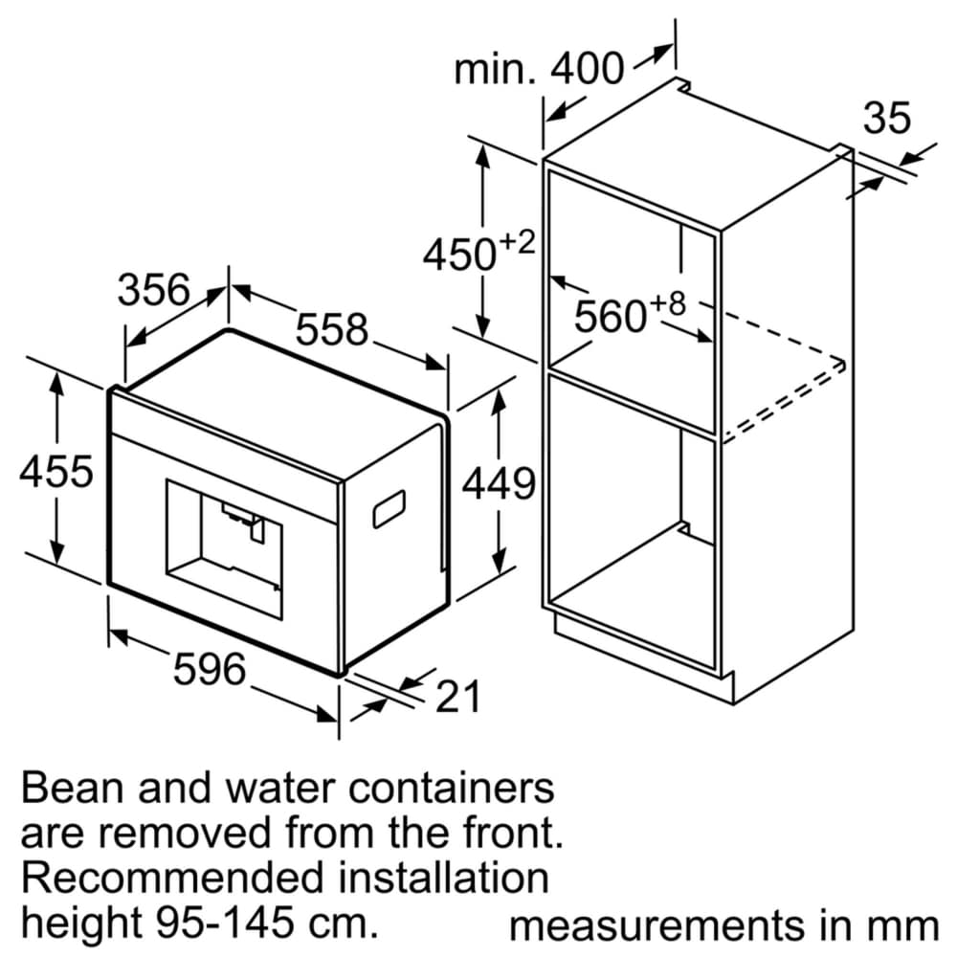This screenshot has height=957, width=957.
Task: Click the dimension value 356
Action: pyautogui.click(x=154, y=290)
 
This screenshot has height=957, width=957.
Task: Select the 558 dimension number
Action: pyautogui.click(x=331, y=330)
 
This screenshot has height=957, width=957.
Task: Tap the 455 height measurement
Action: pyautogui.click(x=58, y=472)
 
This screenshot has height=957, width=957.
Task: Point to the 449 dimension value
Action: pyautogui.click(x=498, y=484)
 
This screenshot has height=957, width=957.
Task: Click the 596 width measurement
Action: pyautogui.click(x=209, y=669)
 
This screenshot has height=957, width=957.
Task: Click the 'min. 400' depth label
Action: pyautogui.click(x=539, y=69)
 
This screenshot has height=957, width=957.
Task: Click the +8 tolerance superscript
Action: pyautogui.click(x=670, y=304)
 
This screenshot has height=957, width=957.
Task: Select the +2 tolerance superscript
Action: pyautogui.click(x=517, y=243)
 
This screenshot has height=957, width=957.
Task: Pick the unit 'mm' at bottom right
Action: pyautogui.click(x=909, y=925)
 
